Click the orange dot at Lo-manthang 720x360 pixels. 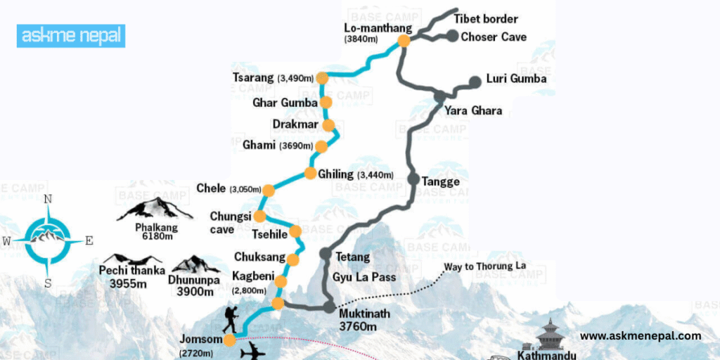click(404, 41)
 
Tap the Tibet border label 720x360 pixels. click(485, 19)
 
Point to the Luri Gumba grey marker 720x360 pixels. click(475, 82)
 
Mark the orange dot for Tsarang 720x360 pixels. click(322, 78)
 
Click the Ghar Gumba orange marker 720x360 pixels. click(326, 103)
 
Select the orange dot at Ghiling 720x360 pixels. click(310, 174)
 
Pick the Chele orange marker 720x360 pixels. click(268, 189)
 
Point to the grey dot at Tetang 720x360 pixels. click(325, 253)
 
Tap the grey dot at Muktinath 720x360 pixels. click(329, 307)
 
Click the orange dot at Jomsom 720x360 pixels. click(229, 340)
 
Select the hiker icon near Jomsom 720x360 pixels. click(230, 320)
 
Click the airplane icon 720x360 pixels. click(252, 351)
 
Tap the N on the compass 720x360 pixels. click(49, 199)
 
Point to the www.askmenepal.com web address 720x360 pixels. click(641, 336)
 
